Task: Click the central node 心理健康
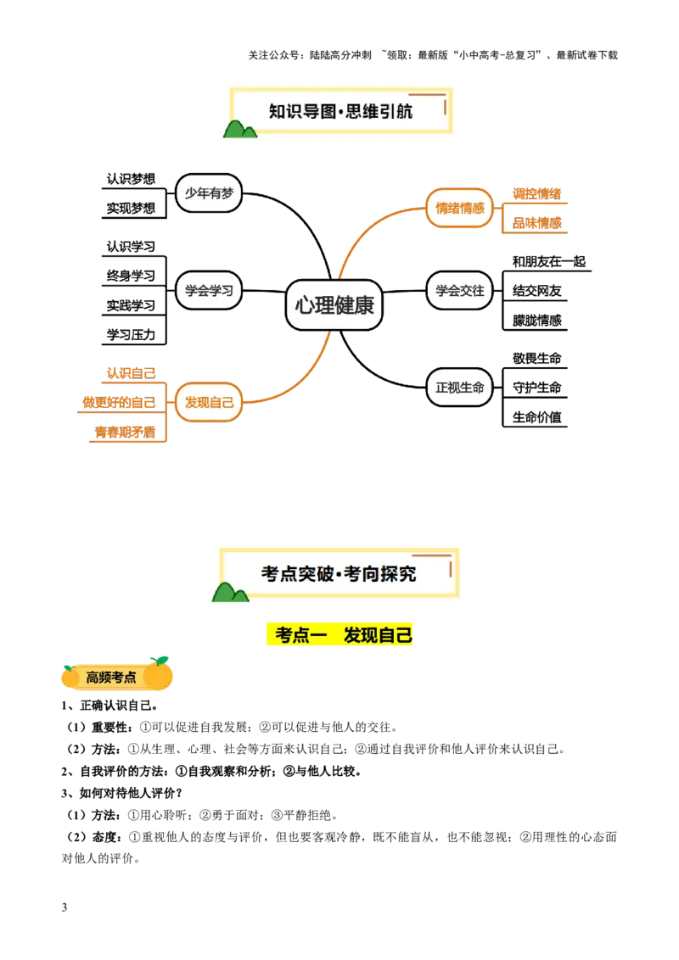tap(334, 305)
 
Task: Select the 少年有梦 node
tap(209, 193)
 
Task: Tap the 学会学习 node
tap(209, 290)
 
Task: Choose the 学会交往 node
tap(459, 290)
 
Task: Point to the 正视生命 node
tap(459, 388)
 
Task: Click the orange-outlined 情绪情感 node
tap(459, 208)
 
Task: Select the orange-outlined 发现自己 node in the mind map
tap(209, 402)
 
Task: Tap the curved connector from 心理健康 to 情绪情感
tap(365, 229)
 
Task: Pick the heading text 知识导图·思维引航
tap(340, 111)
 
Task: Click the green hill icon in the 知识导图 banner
tap(239, 128)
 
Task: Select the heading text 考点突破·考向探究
tap(339, 574)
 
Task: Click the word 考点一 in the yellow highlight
tap(301, 635)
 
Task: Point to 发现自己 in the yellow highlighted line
tap(378, 635)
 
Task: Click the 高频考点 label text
tap(111, 678)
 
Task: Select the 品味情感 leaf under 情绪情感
tap(538, 223)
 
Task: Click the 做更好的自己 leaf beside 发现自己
tap(119, 401)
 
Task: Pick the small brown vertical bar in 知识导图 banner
tap(445, 107)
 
